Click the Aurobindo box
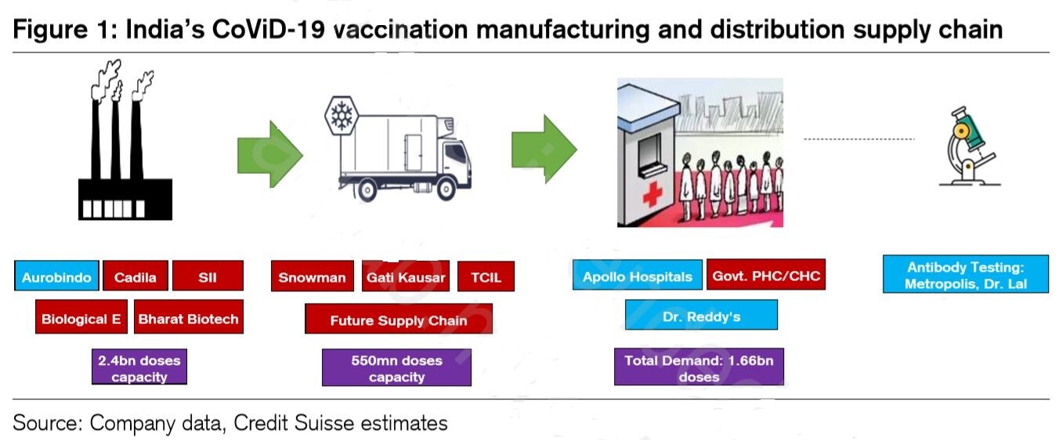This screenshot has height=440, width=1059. pos(56,276)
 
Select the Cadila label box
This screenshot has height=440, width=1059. pos(135,276)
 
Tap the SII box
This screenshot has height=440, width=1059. pos(208,276)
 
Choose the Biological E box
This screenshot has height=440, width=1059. pos(81,318)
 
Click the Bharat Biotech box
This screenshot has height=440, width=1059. pos(188,318)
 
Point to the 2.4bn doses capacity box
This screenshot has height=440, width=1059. pos(139,368)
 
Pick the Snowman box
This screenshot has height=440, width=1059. pos(312,277)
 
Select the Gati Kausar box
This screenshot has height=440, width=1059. pos(406,277)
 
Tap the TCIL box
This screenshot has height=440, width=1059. pos(486,277)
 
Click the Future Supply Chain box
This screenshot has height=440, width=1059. pos(398,319)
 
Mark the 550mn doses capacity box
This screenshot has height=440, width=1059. pos(396,368)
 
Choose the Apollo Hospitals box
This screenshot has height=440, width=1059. pos(637,276)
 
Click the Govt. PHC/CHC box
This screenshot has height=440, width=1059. pos(766,275)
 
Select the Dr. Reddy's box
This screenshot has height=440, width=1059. pos(701,316)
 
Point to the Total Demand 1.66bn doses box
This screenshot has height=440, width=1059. pos(699,368)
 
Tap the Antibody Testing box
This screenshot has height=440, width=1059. pos(965,275)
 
